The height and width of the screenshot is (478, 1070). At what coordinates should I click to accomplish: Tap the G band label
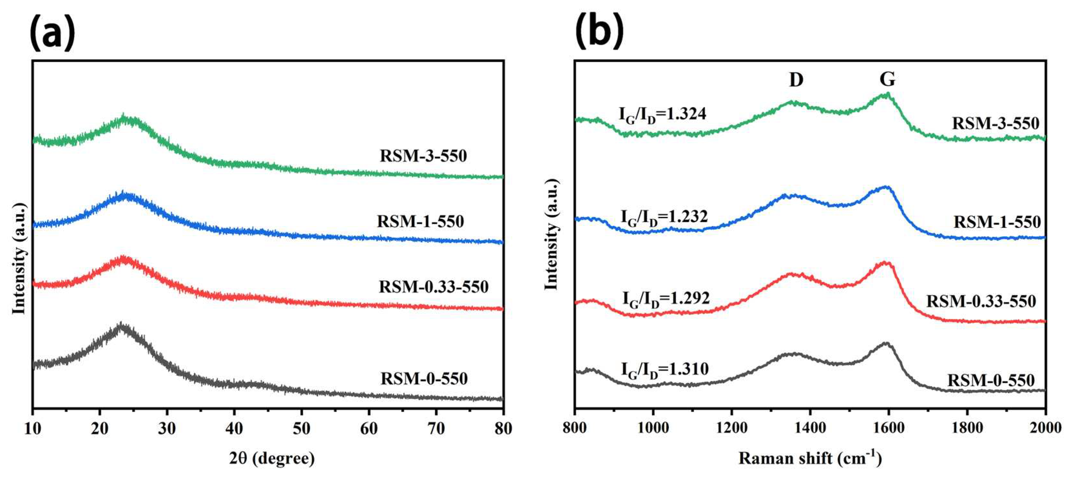tap(887, 79)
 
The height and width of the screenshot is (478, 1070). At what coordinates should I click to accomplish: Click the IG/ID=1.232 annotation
tap(664, 217)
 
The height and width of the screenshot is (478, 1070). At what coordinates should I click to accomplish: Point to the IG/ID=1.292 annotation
tap(666, 299)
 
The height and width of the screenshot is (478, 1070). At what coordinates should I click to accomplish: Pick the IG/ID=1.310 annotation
tap(664, 369)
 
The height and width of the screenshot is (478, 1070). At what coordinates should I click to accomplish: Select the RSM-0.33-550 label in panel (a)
tap(433, 287)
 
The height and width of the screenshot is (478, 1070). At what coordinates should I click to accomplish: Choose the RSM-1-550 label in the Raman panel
tap(997, 222)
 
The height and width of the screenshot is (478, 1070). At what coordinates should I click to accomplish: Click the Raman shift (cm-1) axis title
tap(810, 458)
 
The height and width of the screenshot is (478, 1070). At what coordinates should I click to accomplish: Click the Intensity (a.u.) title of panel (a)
tap(19, 259)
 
